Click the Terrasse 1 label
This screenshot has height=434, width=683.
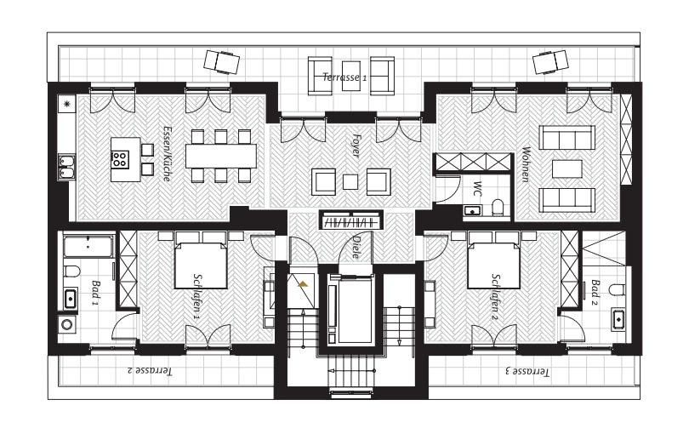click(x=344, y=77)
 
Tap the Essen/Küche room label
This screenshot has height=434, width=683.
click(x=167, y=153)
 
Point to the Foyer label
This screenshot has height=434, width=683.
click(x=356, y=146)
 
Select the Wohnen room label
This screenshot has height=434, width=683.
click(x=526, y=164)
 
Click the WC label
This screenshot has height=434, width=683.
click(x=478, y=188)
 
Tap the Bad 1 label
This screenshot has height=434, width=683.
click(x=95, y=293)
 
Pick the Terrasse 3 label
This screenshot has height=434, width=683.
click(x=527, y=371)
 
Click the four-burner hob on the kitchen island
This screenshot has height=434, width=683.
click(x=119, y=159)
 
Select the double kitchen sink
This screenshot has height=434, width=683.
click(x=66, y=167)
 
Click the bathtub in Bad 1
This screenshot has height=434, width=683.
click(x=88, y=247)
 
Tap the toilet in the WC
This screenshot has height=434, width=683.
click(x=498, y=207)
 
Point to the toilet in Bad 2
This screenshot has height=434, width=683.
click(x=618, y=289)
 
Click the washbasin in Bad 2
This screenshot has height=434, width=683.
click(x=618, y=319)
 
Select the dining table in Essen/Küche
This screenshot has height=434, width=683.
click(x=221, y=156)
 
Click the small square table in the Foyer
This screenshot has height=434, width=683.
click(x=350, y=182)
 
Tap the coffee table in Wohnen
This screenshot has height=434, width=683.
click(x=566, y=168)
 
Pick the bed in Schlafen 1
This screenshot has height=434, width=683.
click(x=201, y=266)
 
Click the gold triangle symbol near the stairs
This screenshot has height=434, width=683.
click(x=303, y=284)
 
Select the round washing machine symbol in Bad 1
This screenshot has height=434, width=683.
click(x=67, y=324)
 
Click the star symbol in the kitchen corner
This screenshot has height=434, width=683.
click(x=66, y=104)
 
